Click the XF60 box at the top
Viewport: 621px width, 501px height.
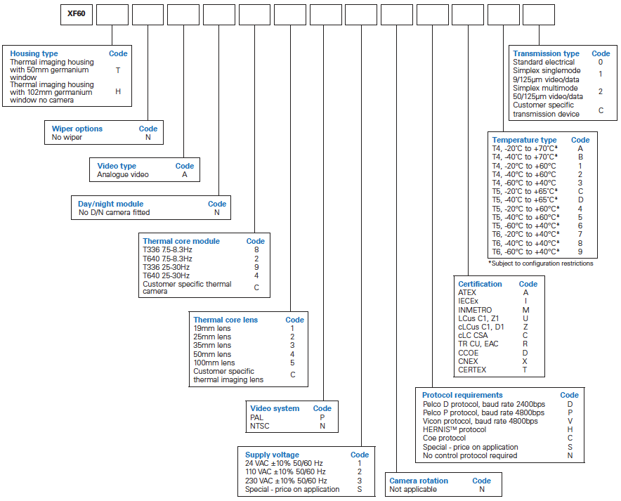point(77,15)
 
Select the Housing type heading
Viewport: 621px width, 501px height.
point(34,53)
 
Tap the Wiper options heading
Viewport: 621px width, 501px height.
point(77,129)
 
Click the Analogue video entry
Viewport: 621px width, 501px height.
point(123,175)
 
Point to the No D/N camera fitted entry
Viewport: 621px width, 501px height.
point(114,213)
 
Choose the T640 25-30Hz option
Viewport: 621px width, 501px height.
point(166,275)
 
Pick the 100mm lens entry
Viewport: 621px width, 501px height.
point(214,363)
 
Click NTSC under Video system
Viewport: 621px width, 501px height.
point(259,426)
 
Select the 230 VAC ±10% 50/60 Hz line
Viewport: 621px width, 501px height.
point(286,481)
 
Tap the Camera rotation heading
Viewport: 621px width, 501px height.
point(419,481)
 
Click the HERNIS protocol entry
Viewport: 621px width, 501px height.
point(455,430)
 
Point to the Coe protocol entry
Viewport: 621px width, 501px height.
point(444,438)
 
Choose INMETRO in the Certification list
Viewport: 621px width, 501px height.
point(475,310)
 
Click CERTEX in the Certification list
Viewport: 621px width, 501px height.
point(472,370)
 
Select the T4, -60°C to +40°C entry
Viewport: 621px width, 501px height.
point(524,183)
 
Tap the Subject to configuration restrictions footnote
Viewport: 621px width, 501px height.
point(541,263)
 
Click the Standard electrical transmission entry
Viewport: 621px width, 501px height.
point(544,62)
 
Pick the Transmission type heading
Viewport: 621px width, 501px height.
point(546,53)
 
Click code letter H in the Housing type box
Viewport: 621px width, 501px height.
point(118,91)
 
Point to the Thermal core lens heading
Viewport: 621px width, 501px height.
point(225,320)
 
